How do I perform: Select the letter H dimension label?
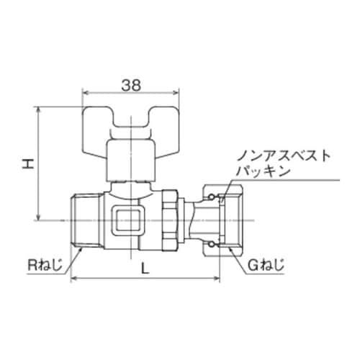[x=27, y=165]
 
